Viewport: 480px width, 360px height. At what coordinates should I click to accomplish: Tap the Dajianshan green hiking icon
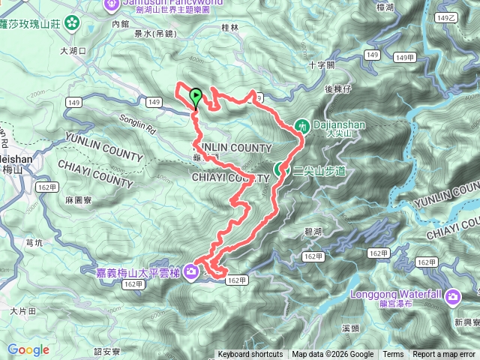tap(302, 125)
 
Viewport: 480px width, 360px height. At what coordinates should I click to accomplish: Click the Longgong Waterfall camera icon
tap(453, 298)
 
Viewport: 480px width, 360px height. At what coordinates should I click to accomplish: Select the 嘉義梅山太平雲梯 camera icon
tap(191, 271)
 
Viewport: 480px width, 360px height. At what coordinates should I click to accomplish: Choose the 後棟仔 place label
tap(338, 88)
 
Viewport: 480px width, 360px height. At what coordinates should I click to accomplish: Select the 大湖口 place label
tap(73, 51)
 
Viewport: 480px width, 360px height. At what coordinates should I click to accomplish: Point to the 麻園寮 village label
tap(78, 201)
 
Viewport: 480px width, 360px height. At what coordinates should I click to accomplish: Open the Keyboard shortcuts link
tap(250, 355)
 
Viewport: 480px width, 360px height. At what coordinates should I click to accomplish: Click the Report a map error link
tap(443, 355)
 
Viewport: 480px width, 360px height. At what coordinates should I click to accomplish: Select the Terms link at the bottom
tap(393, 355)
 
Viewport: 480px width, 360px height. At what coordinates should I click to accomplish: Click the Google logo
tap(28, 349)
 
